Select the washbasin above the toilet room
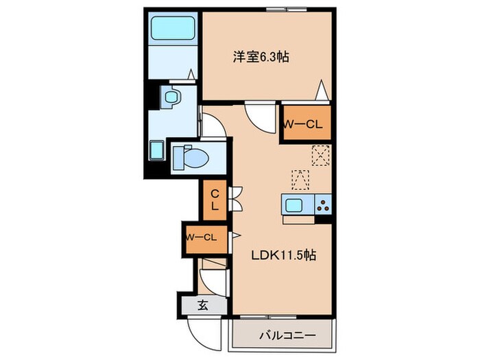point(170,97)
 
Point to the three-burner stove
point(322,204)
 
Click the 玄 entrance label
point(203,306)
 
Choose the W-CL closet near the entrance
point(202,237)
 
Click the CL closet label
point(214,199)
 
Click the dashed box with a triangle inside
point(300,179)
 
